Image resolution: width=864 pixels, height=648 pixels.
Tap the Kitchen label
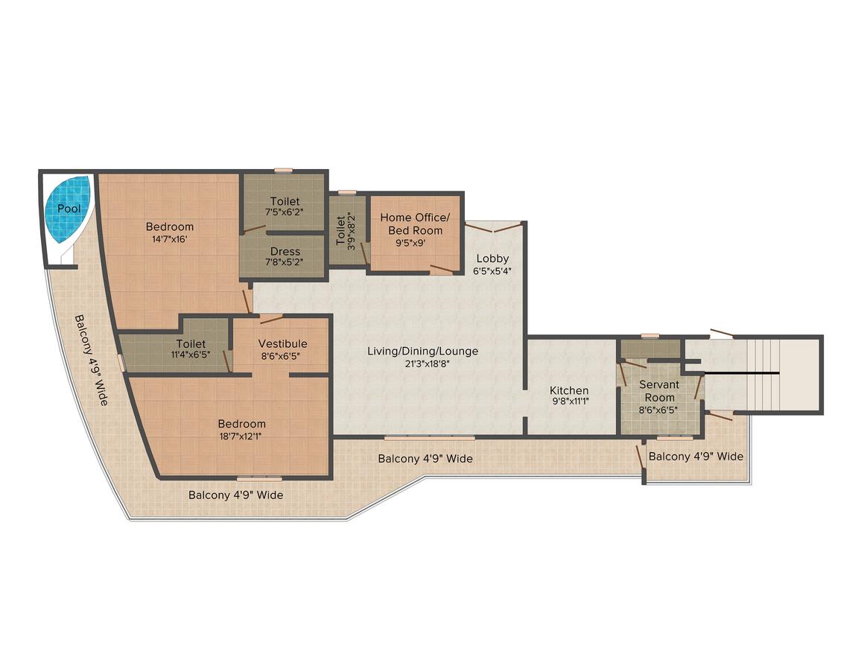point(569,391)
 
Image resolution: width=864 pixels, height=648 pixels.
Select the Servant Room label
point(659,391)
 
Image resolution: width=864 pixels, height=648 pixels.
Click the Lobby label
point(492,258)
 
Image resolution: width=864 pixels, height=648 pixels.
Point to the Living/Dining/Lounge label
point(422,352)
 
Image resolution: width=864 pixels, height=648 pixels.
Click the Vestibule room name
point(283,343)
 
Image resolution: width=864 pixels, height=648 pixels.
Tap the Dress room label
point(285,252)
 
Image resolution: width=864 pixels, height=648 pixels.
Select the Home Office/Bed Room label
point(415,223)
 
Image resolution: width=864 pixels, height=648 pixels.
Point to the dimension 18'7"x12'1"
point(241,436)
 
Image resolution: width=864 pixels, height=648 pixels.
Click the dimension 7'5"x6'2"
point(285,212)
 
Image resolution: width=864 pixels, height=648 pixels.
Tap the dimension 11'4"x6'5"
point(191,355)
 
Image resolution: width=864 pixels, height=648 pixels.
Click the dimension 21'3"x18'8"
point(422,363)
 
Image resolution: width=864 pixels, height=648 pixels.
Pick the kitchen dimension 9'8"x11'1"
point(570,401)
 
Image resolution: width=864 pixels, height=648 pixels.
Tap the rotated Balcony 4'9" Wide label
point(92,360)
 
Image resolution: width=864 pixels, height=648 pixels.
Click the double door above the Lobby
point(493,227)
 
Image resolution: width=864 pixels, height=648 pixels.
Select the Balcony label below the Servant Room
point(696,457)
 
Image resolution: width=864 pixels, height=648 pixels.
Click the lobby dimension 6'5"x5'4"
point(492,271)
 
